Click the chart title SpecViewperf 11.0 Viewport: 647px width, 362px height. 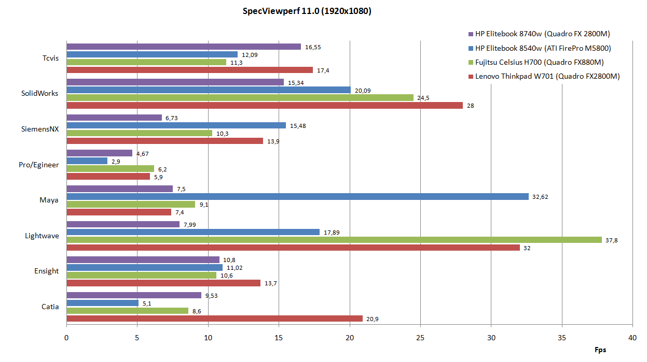pyautogui.click(x=307, y=11)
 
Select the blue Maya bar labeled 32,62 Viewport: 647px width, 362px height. pyautogui.click(x=297, y=197)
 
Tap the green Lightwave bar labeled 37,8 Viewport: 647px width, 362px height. pyautogui.click(x=334, y=240)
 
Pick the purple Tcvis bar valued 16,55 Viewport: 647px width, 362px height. pyautogui.click(x=183, y=47)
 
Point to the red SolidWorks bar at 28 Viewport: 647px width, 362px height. pyautogui.click(x=264, y=106)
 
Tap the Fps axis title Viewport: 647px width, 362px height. pyautogui.click(x=600, y=350)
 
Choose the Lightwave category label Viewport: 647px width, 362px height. pyautogui.click(x=42, y=236)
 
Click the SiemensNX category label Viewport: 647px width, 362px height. pyautogui.click(x=40, y=129)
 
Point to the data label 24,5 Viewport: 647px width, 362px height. pyautogui.click(x=425, y=97)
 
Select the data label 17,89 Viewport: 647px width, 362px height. pyautogui.click(x=332, y=232)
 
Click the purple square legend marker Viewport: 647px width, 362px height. pyautogui.click(x=471, y=34)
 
